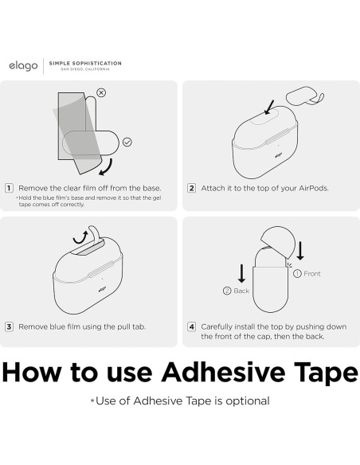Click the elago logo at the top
[23, 66]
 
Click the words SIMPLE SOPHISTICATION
[85, 63]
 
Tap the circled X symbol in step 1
[101, 93]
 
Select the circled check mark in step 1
[127, 142]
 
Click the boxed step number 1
[9, 188]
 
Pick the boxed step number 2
[192, 188]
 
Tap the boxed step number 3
[9, 326]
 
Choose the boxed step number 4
[192, 326]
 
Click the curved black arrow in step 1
[108, 169]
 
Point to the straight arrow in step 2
[269, 107]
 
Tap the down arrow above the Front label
[300, 251]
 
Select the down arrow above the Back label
[241, 273]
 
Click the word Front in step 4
[312, 274]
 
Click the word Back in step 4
[241, 291]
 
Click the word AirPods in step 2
[314, 188]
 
